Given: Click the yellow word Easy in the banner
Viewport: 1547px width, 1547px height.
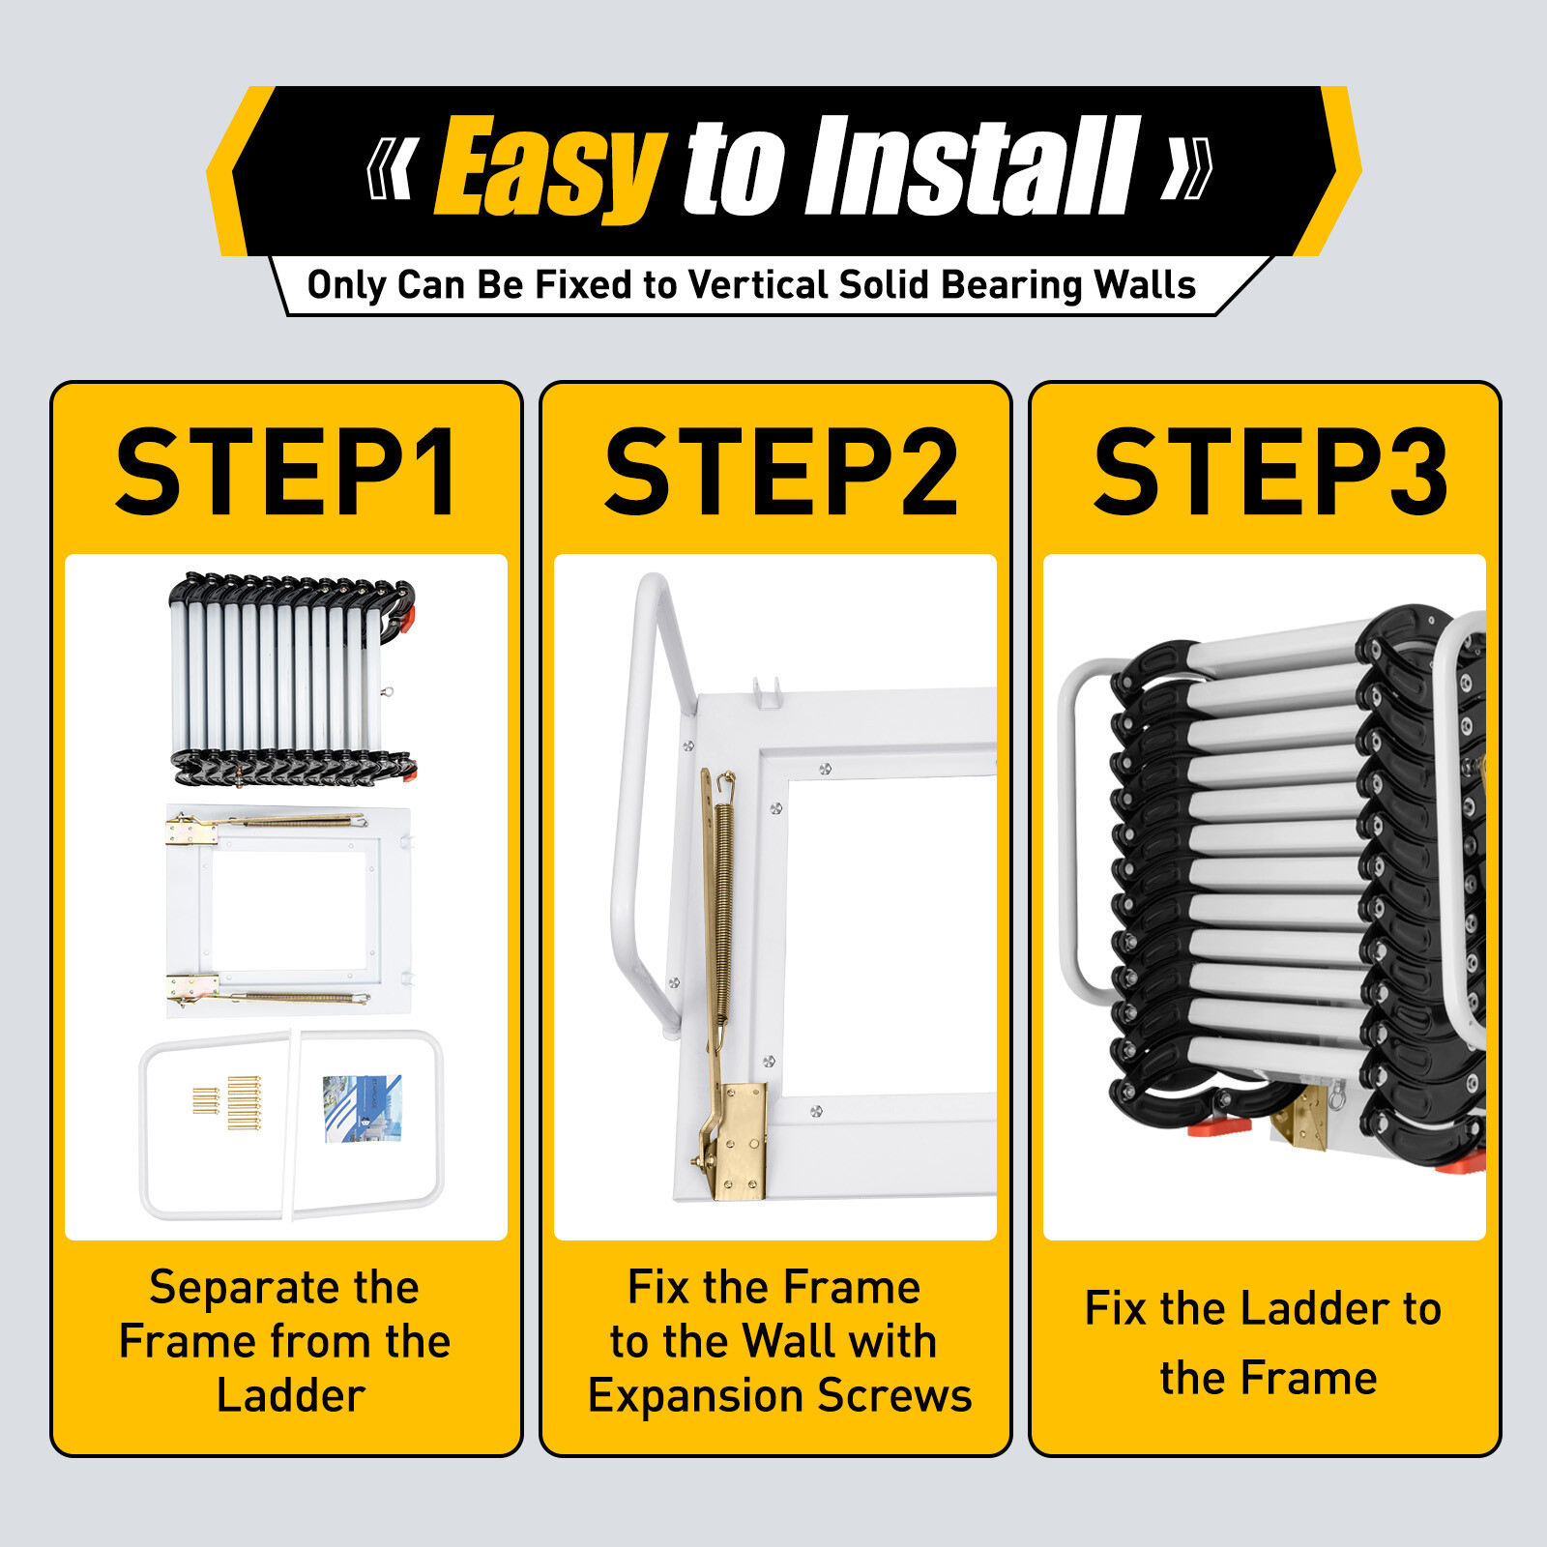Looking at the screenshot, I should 549,166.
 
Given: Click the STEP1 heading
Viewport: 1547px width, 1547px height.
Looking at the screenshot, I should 286,473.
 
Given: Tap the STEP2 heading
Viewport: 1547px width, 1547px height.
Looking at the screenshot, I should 779,473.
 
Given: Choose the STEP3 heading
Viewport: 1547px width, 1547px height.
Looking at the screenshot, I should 1270,473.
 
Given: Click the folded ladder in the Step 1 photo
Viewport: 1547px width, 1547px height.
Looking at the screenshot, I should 290,677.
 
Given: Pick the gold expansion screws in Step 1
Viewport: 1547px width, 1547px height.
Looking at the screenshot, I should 232,1102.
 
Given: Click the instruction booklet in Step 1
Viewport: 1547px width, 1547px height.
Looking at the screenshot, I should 362,1108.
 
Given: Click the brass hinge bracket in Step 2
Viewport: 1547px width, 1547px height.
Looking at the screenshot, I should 741,1141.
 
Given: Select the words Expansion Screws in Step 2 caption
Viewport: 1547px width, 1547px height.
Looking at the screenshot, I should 779,1395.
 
